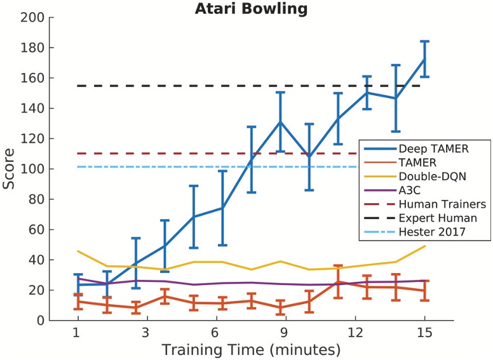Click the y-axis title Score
coord(9,170)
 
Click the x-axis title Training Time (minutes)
coord(250,349)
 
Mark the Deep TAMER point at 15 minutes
coord(424,59)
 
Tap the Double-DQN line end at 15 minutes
coord(424,246)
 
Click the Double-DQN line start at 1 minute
coord(78,251)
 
